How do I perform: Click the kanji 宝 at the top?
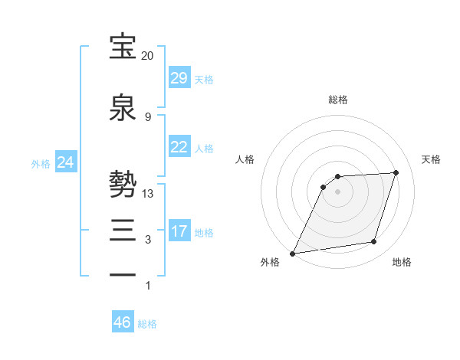point(123,47)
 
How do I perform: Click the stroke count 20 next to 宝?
point(147,56)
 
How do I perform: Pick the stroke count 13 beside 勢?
point(148,194)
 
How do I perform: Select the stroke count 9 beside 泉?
point(148,117)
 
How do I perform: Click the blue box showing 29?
point(179,77)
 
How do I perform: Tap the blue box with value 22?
point(179,147)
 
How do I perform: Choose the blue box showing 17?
point(179,231)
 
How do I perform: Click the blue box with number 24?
point(66,162)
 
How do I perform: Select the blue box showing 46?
point(123,322)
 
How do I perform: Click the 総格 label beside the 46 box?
point(147,324)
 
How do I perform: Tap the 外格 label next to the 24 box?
point(41,164)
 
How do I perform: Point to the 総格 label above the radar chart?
point(338,100)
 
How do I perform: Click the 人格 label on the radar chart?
point(245,159)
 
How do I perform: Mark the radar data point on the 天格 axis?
point(396,172)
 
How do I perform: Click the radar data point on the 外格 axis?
point(293,254)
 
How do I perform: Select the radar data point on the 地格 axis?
point(374,242)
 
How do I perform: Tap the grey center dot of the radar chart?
point(338,191)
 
